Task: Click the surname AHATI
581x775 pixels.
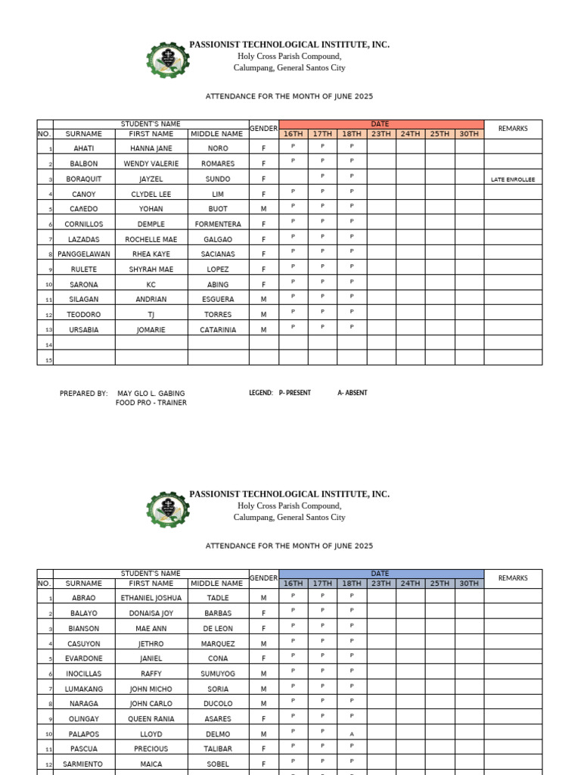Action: tap(83, 148)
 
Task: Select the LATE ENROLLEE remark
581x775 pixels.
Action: tap(512, 179)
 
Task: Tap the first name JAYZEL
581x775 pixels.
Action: tap(151, 179)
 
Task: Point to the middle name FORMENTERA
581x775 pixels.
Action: tap(218, 224)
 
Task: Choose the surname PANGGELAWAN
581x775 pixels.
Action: tap(83, 254)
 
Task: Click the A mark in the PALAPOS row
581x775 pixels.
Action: tap(352, 734)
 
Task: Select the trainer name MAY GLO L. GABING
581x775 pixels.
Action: tap(151, 394)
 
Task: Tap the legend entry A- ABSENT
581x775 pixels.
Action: tap(353, 394)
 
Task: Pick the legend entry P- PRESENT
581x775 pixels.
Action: tap(295, 394)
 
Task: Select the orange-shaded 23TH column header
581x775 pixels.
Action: tap(381, 134)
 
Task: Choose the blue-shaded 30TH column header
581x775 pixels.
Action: tap(469, 584)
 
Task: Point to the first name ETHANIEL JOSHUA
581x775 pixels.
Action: tap(151, 598)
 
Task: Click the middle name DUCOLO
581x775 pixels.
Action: tap(218, 704)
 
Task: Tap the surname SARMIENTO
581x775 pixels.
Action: tap(83, 764)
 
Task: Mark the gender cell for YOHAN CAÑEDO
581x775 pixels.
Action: tap(264, 209)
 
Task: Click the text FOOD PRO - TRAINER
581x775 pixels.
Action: tap(151, 403)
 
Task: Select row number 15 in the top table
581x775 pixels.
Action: tap(48, 359)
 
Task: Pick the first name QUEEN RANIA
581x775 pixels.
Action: tap(151, 719)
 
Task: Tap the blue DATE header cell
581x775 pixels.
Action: tap(381, 574)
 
